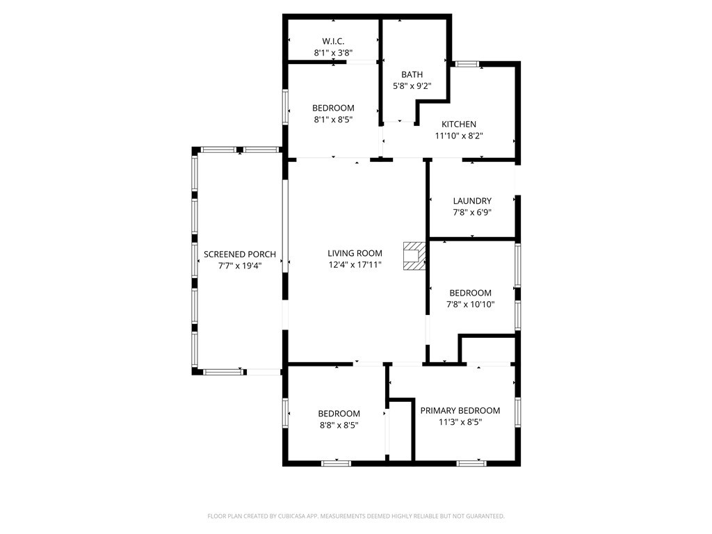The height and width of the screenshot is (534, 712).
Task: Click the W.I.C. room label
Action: (x=333, y=41)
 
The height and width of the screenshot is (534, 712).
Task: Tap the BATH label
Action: (x=412, y=74)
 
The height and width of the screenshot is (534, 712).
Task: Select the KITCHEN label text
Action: (x=459, y=124)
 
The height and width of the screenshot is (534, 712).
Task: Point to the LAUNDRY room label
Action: (x=472, y=201)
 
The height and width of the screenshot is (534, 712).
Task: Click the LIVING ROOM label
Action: (x=355, y=253)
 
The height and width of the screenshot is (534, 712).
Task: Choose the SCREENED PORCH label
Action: (x=240, y=254)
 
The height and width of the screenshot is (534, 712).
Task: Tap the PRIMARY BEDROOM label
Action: (x=460, y=410)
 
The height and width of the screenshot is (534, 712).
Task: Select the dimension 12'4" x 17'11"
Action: (x=355, y=264)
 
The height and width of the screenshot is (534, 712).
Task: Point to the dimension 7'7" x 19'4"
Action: (x=240, y=265)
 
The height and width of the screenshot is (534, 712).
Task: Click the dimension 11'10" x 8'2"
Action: (x=459, y=136)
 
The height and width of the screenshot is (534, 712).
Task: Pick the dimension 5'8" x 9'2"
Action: (x=412, y=86)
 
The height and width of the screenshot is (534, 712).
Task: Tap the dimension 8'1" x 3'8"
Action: (x=333, y=53)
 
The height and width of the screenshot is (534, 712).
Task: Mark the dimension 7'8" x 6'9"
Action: (x=472, y=213)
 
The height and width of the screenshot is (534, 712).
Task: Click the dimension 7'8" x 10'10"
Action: (x=470, y=304)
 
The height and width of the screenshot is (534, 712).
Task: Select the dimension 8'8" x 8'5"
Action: (x=339, y=425)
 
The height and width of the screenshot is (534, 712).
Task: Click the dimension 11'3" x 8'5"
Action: (x=460, y=422)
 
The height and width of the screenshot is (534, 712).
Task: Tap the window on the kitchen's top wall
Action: (x=467, y=64)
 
